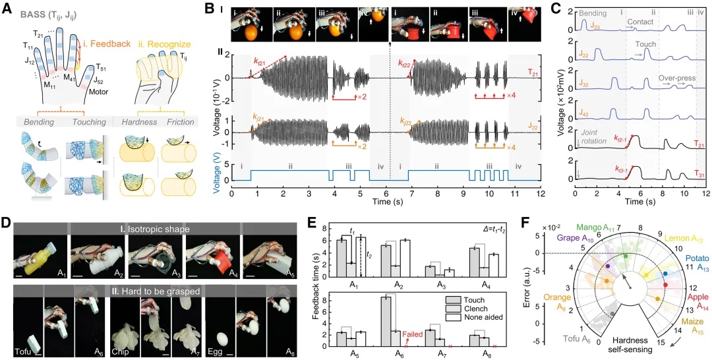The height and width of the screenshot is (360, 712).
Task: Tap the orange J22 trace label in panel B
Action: (533, 123)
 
